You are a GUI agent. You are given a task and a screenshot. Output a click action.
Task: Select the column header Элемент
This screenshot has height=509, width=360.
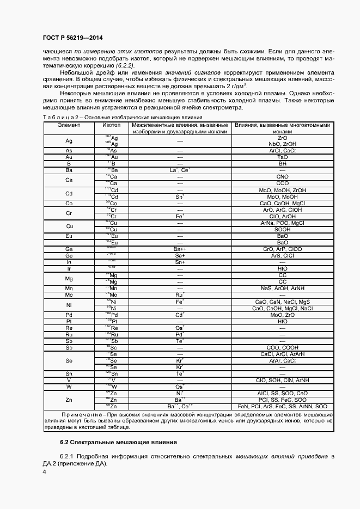point(69,125)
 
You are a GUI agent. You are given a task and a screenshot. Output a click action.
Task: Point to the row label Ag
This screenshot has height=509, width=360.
point(69,141)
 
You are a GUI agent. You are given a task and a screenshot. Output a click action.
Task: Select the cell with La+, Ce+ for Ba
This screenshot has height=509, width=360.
point(179,170)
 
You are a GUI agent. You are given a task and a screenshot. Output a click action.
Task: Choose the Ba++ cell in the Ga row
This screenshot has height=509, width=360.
point(179,249)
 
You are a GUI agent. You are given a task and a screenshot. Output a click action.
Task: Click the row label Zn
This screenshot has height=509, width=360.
point(69,400)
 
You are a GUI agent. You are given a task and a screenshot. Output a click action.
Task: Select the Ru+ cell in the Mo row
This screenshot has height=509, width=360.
point(179,295)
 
